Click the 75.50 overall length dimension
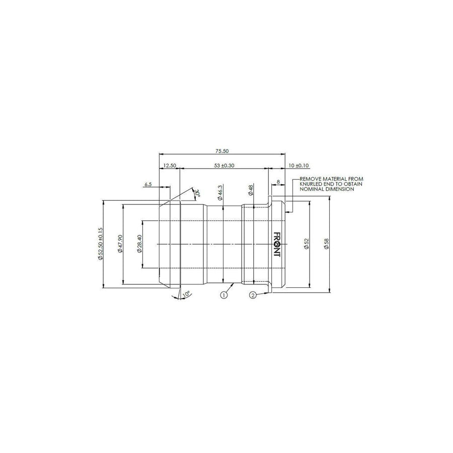click(222, 151)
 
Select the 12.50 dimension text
click(170, 166)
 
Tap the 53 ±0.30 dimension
click(224, 166)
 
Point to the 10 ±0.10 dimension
click(298, 166)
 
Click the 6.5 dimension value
click(148, 184)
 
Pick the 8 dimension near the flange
click(278, 182)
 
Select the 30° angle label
click(198, 193)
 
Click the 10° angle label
click(186, 294)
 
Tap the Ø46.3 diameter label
click(220, 193)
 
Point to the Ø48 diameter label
click(251, 190)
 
